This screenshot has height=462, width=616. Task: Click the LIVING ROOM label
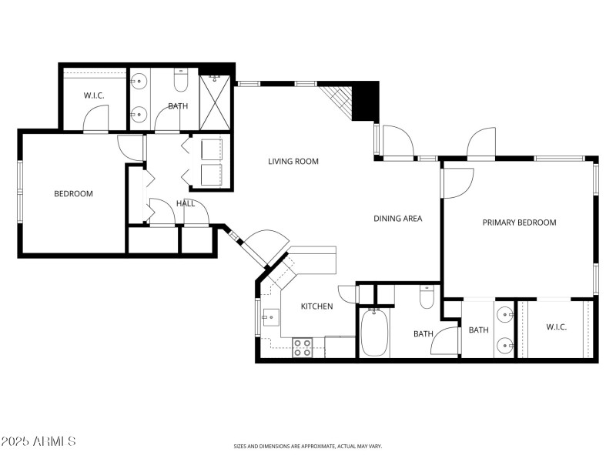coord(293,162)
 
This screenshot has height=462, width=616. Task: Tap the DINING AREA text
coord(397,219)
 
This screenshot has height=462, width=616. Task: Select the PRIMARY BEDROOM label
coord(518,223)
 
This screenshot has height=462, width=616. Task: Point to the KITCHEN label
coord(316,306)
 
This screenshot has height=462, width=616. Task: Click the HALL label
coord(186,204)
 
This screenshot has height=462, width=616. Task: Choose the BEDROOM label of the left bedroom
coord(73,194)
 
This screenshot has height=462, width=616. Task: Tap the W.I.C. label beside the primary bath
coord(556,328)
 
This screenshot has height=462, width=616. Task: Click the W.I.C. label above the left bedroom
coord(94,95)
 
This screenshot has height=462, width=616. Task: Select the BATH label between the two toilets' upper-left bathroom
coord(178,106)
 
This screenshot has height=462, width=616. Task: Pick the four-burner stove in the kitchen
coord(302,348)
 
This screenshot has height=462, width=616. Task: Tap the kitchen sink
coord(270,316)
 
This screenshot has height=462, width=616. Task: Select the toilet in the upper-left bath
coord(181,80)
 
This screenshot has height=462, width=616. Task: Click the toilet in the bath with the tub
coord(427,296)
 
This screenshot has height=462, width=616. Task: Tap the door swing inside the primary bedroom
coord(457,183)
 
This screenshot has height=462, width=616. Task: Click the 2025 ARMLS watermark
coord(38,441)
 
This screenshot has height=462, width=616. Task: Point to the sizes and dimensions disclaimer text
coord(308,446)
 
